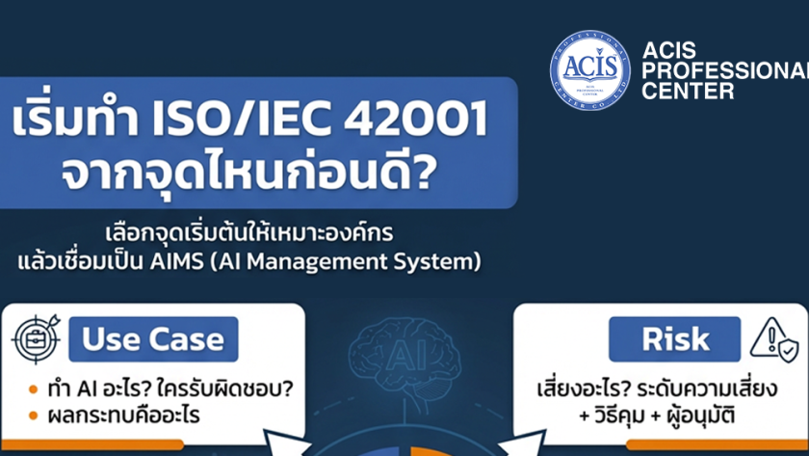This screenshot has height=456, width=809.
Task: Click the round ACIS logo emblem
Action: coord(589,69)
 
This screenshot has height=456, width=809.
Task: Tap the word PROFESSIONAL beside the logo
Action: coord(725,70)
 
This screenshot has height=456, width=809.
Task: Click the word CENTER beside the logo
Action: coord(688,91)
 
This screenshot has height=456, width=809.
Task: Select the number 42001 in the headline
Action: coord(415,119)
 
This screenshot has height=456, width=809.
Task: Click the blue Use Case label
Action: coord(153,339)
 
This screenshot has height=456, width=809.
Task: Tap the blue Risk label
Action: coord(674,339)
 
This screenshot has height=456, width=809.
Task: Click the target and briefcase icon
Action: coord(37,338)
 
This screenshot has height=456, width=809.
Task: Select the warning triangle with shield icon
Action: coord(774,341)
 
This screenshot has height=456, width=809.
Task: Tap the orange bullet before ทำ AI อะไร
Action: coord(34,389)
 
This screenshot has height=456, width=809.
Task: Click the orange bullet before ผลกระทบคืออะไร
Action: coord(34,416)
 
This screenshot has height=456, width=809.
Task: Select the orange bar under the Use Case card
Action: coord(92,444)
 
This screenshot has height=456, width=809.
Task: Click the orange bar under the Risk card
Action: coord(718,444)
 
